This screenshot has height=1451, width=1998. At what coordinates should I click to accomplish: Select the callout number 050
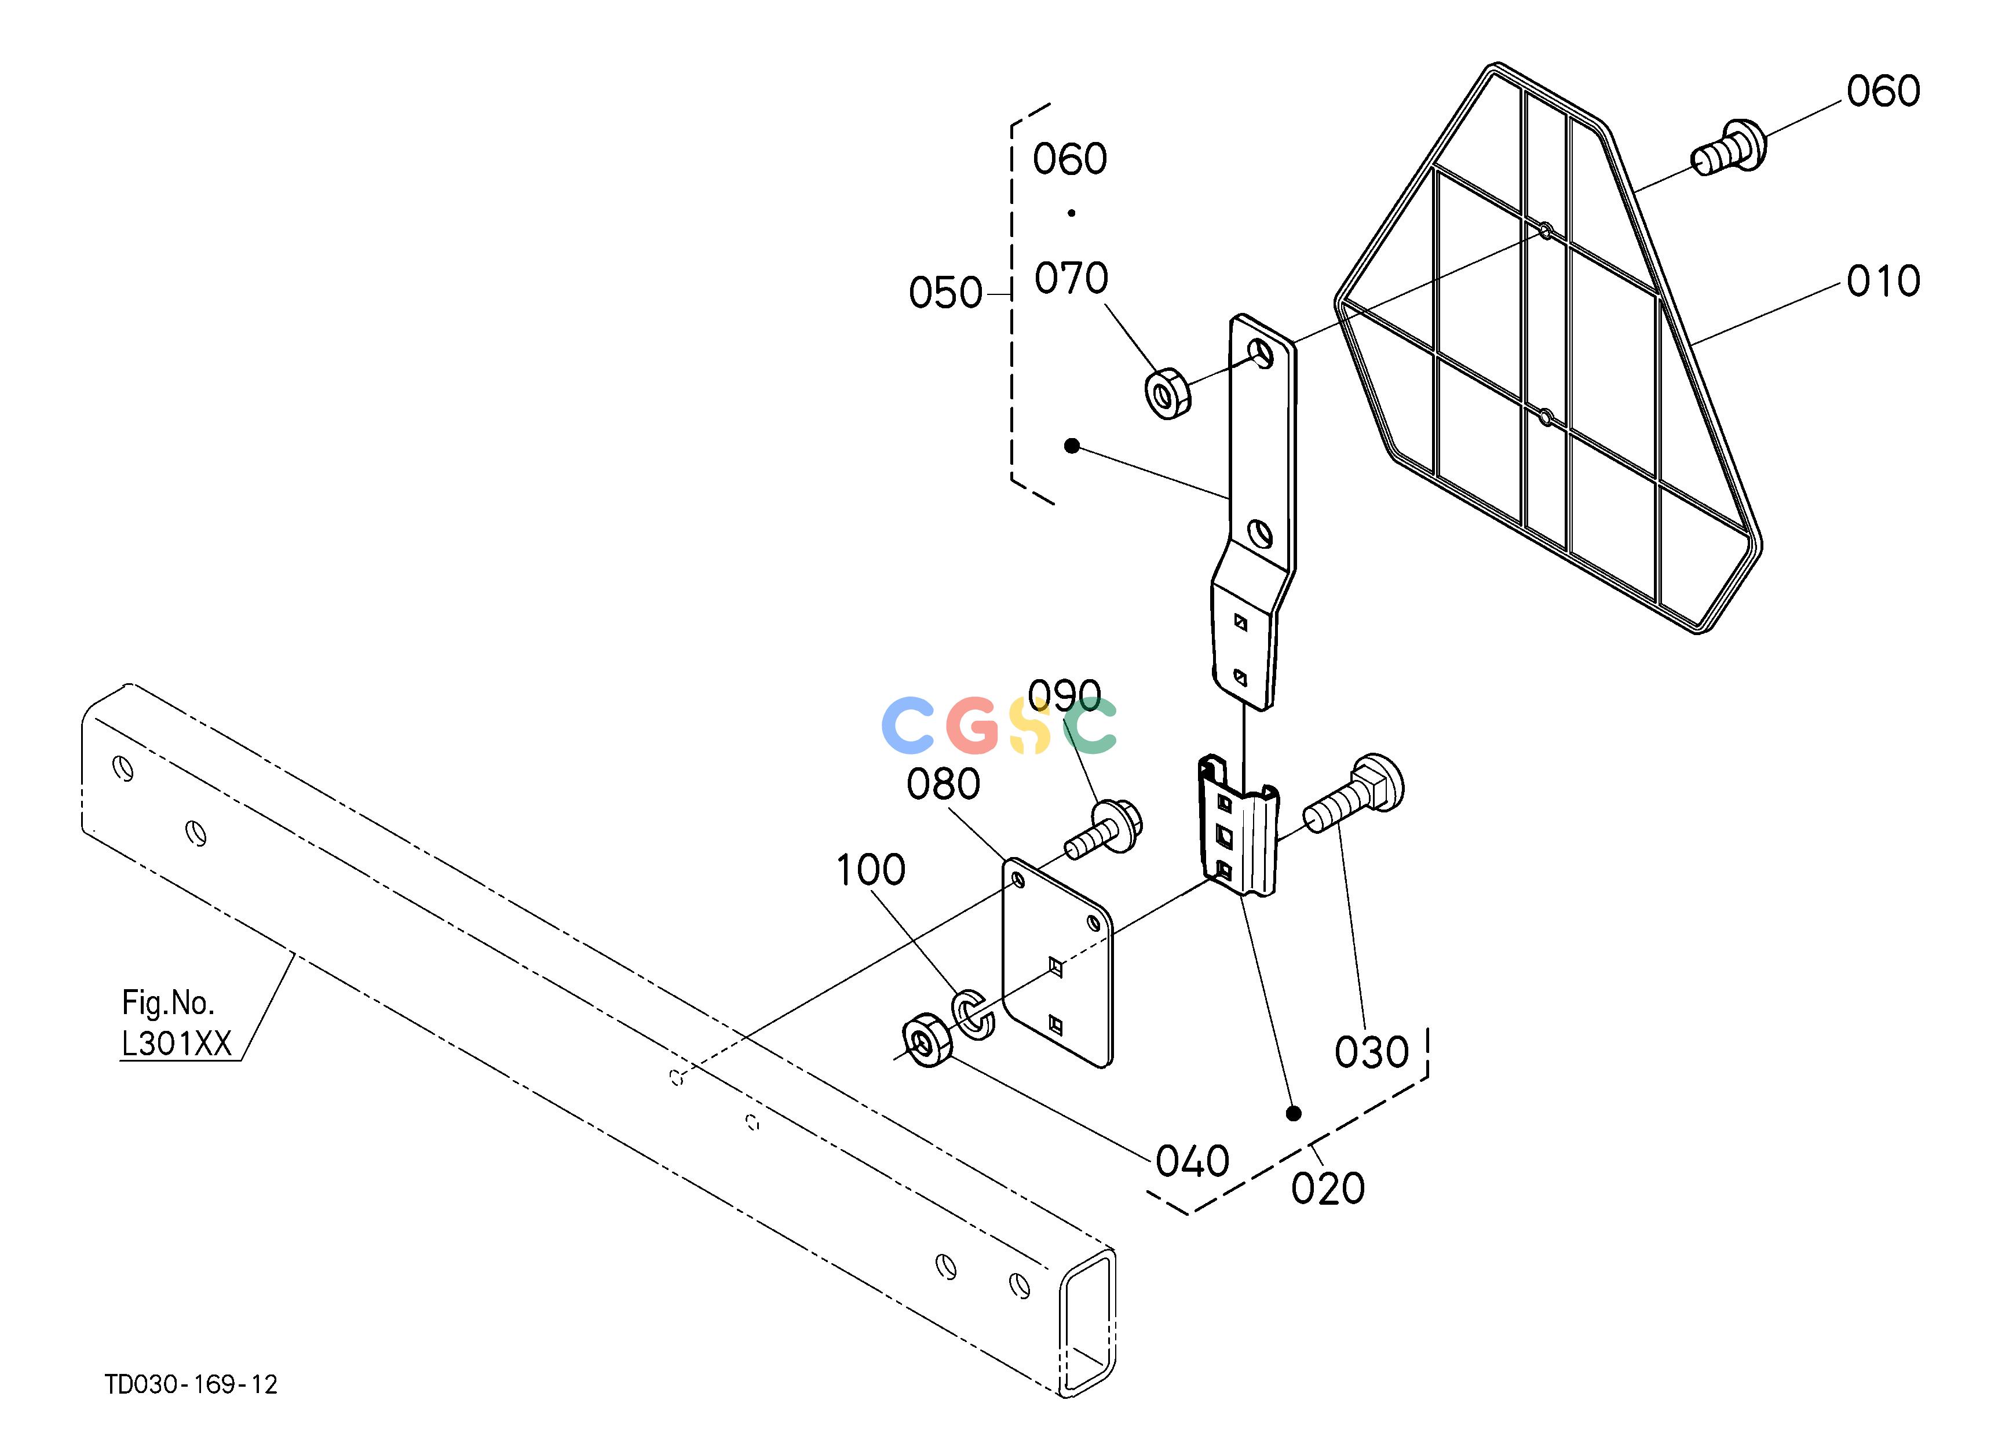pyautogui.click(x=945, y=293)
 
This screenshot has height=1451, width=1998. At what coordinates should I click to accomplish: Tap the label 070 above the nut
pyautogui.click(x=1071, y=278)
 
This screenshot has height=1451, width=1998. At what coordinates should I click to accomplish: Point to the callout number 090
pyautogui.click(x=1064, y=695)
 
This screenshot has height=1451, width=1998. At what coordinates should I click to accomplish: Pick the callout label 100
pyautogui.click(x=870, y=870)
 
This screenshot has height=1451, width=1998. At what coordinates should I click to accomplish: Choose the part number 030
pyautogui.click(x=1372, y=1053)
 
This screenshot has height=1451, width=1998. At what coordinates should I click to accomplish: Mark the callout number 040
pyautogui.click(x=1192, y=1162)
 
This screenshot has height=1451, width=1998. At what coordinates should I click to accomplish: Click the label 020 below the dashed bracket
pyautogui.click(x=1328, y=1189)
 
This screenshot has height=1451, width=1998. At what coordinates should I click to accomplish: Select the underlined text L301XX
pyautogui.click(x=176, y=1044)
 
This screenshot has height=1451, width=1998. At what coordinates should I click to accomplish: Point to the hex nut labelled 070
pyautogui.click(x=1167, y=395)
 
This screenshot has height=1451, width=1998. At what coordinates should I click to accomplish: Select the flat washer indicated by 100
pyautogui.click(x=973, y=1015)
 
